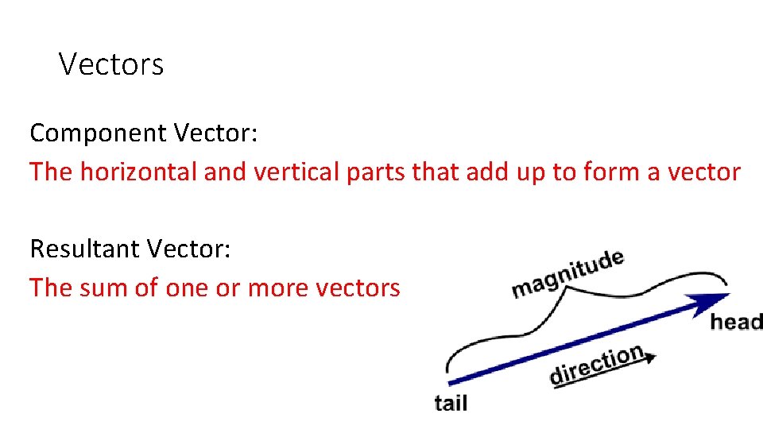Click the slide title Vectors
[x=111, y=64]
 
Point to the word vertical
[x=296, y=172]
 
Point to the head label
[x=736, y=322]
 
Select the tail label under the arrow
[x=451, y=403]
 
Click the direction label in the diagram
[x=596, y=364]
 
